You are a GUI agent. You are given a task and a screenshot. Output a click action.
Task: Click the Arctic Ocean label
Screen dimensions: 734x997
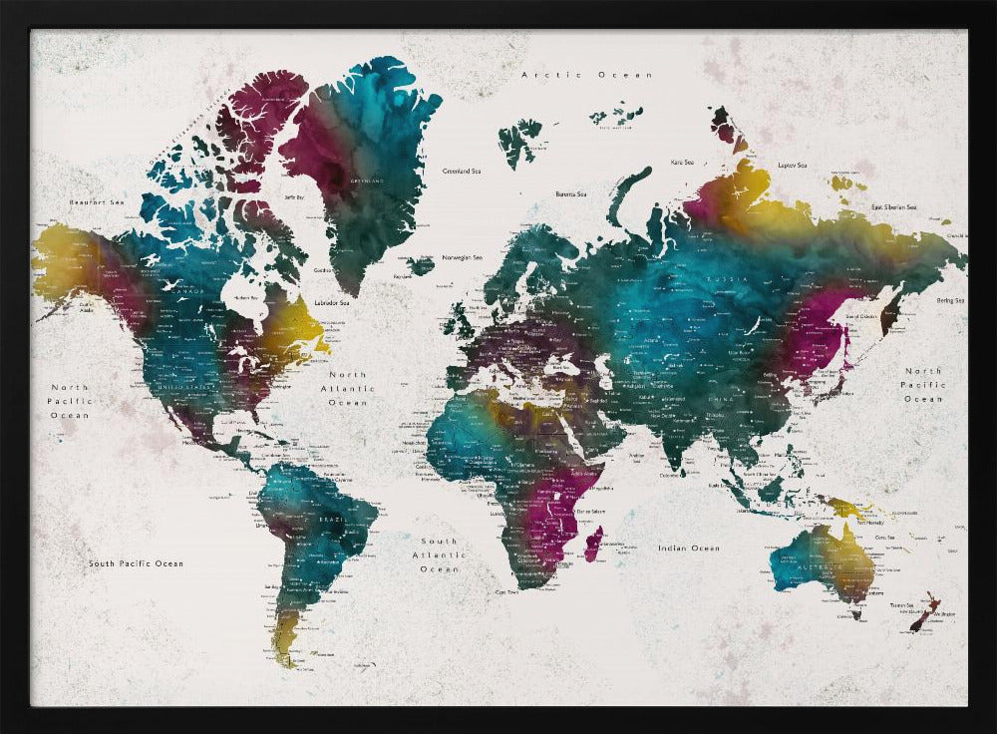point(587,75)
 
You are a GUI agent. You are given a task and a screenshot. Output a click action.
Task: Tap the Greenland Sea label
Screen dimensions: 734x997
point(463,171)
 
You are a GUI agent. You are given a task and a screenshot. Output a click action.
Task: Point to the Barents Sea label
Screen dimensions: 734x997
point(575,194)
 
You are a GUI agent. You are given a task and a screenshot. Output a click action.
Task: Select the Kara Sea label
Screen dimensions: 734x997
point(682,162)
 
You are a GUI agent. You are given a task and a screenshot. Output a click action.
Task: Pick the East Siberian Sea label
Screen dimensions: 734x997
point(893,206)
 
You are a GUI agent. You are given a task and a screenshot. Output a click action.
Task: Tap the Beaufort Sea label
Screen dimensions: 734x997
point(96,202)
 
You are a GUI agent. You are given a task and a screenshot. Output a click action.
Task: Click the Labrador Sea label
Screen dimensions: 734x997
point(332,302)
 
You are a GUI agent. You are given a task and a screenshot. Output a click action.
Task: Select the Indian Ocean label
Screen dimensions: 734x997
point(688,548)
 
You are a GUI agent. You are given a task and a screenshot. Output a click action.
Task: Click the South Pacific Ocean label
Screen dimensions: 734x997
point(136,563)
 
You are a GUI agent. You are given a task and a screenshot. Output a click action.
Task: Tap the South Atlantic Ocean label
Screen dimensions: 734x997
point(439,554)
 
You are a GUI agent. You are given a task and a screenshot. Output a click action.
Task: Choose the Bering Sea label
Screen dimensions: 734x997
point(949,299)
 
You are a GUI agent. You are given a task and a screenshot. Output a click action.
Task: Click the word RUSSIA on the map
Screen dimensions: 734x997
point(722,280)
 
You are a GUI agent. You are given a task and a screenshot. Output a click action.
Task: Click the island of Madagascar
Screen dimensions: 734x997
point(593,544)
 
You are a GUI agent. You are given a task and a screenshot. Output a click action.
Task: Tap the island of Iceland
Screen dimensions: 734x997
point(421,265)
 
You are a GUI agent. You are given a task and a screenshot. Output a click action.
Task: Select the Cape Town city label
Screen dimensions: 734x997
point(507,591)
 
